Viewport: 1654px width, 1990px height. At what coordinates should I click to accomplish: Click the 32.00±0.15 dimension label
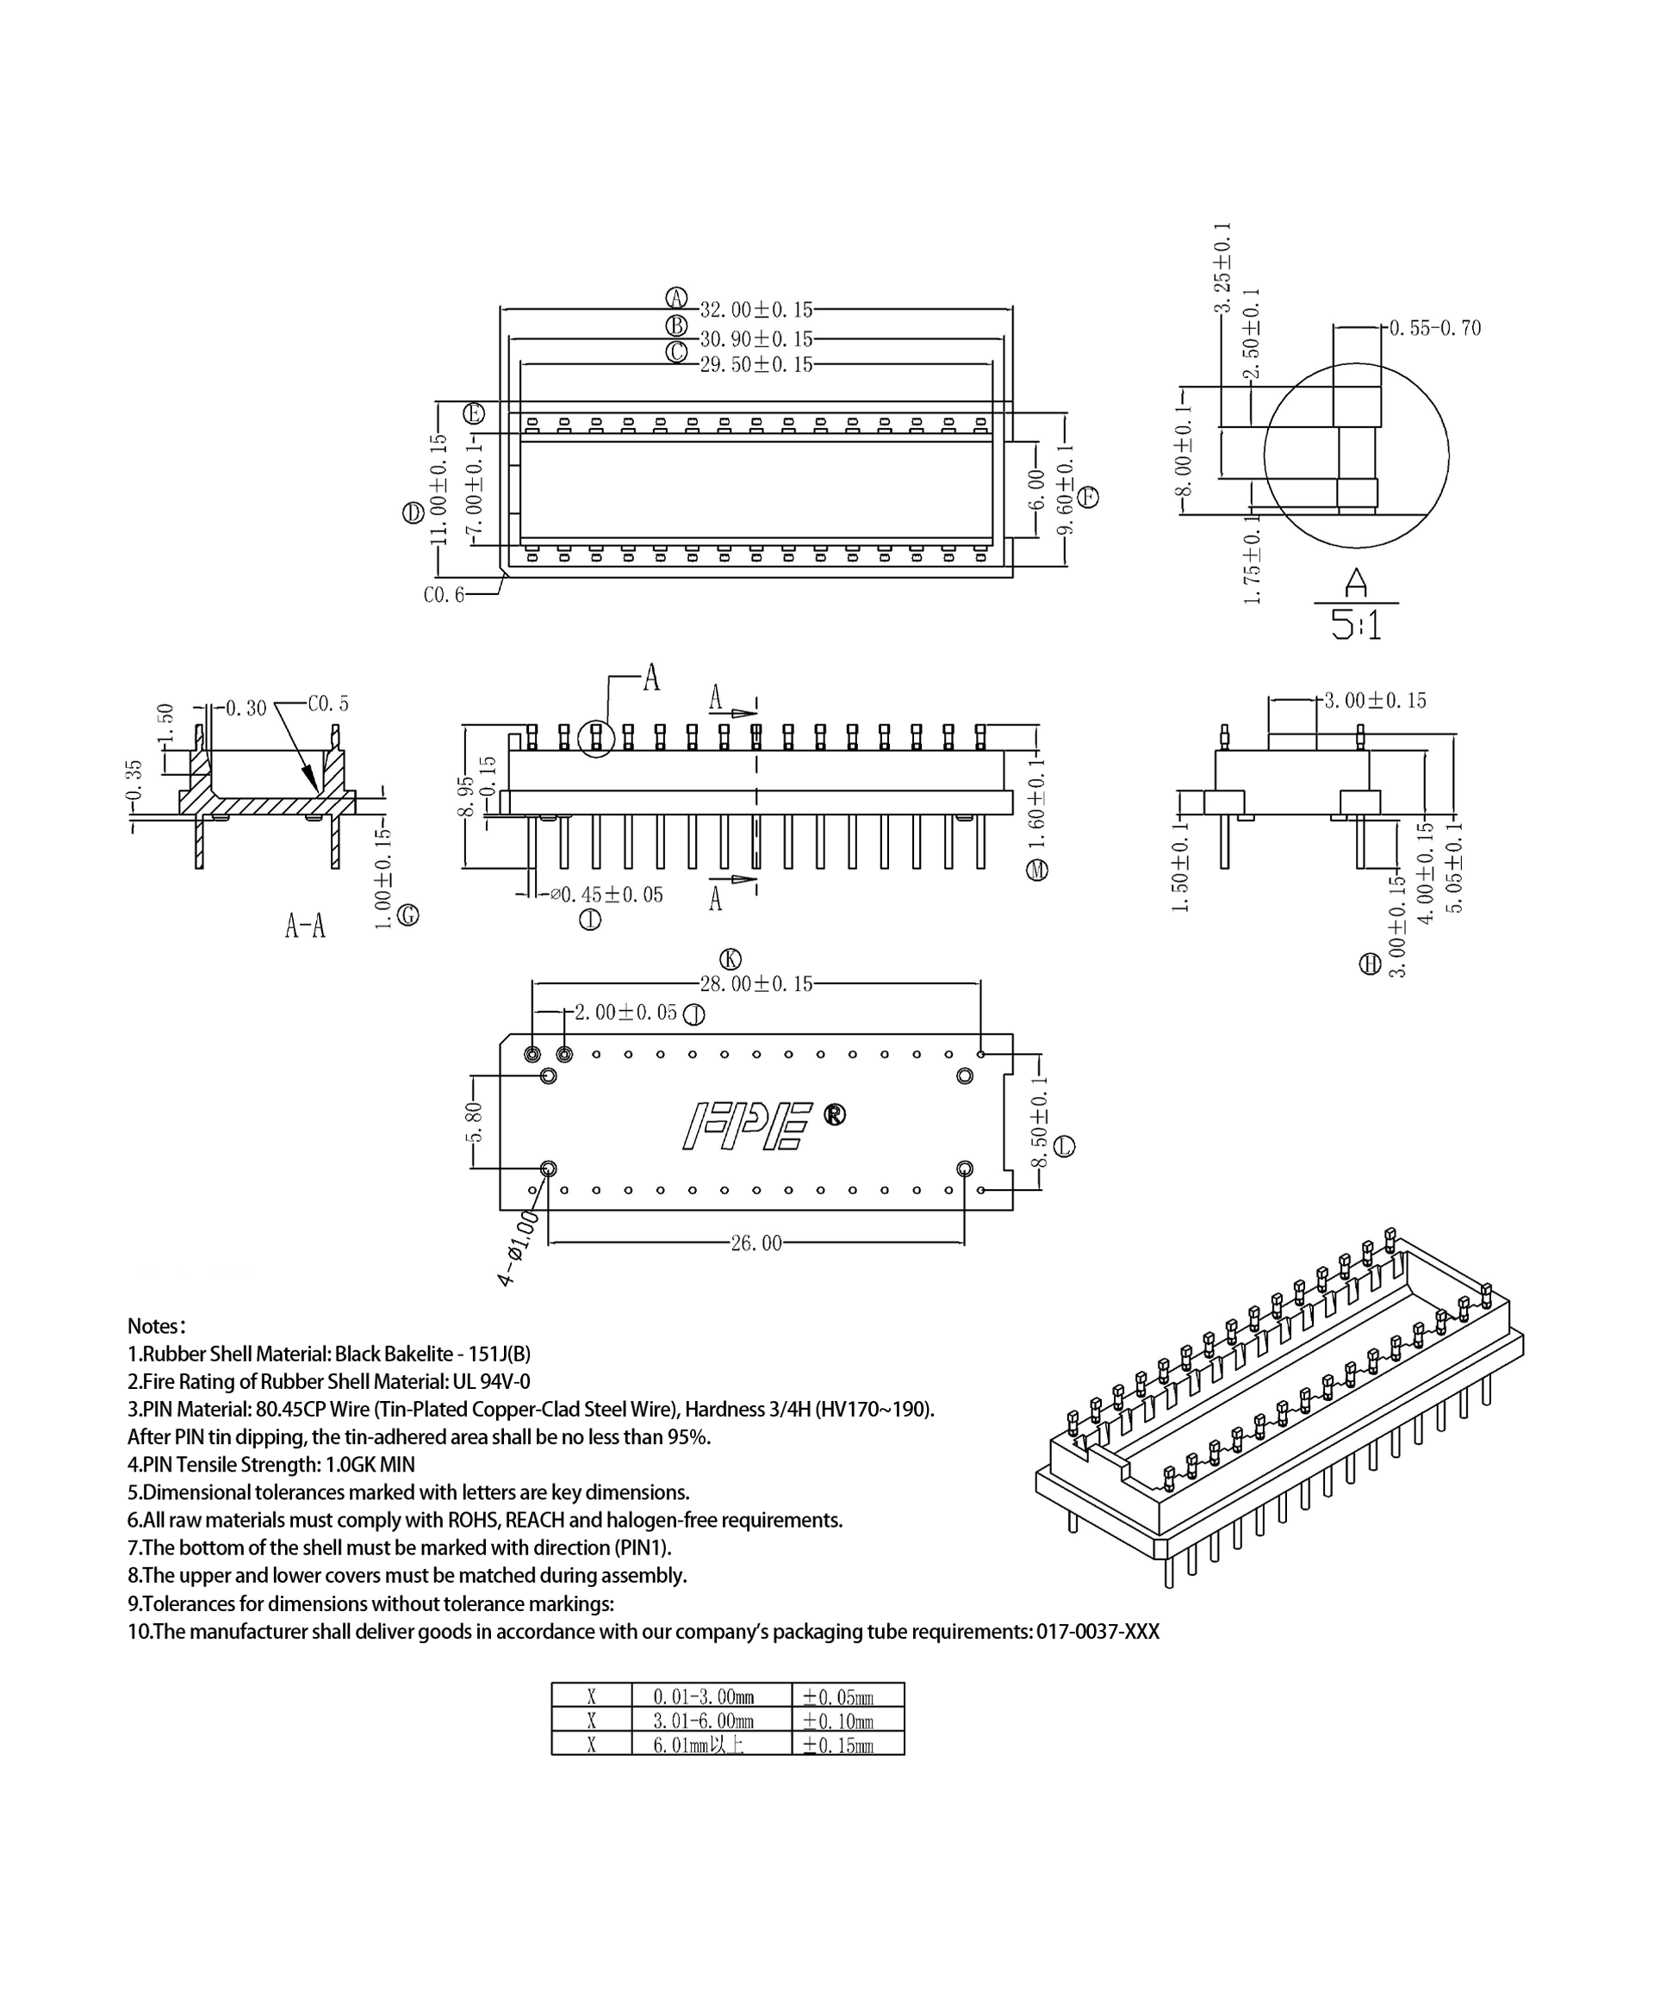pyautogui.click(x=755, y=310)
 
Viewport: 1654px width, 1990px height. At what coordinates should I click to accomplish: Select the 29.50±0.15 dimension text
pyautogui.click(x=755, y=365)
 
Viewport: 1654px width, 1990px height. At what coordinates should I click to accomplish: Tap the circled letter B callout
pyautogui.click(x=676, y=326)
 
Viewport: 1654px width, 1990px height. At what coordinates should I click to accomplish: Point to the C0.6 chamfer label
pyautogui.click(x=444, y=595)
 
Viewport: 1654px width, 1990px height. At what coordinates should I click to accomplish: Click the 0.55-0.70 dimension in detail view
pyautogui.click(x=1434, y=328)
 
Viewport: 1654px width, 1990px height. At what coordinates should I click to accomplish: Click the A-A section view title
pyautogui.click(x=305, y=926)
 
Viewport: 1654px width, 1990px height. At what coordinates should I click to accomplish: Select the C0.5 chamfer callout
pyautogui.click(x=328, y=704)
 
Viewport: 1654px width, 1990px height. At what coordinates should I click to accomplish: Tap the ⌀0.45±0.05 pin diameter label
pyautogui.click(x=606, y=895)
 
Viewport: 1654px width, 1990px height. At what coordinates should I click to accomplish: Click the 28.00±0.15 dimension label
pyautogui.click(x=755, y=983)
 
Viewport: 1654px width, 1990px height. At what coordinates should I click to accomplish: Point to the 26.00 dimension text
pyautogui.click(x=755, y=1243)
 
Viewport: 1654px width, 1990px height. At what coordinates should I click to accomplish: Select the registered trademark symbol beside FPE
pyautogui.click(x=834, y=1114)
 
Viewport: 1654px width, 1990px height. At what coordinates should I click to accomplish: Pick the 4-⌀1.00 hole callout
pyautogui.click(x=519, y=1249)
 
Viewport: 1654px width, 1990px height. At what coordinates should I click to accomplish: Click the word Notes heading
pyautogui.click(x=157, y=1326)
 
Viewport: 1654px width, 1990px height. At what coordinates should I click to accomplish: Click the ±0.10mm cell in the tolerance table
pyautogui.click(x=838, y=1720)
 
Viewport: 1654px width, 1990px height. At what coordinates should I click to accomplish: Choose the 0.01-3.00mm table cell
pyautogui.click(x=703, y=1696)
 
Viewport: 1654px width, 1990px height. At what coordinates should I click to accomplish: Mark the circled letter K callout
pyautogui.click(x=731, y=959)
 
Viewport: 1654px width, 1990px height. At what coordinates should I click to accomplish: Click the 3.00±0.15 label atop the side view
pyautogui.click(x=1374, y=700)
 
